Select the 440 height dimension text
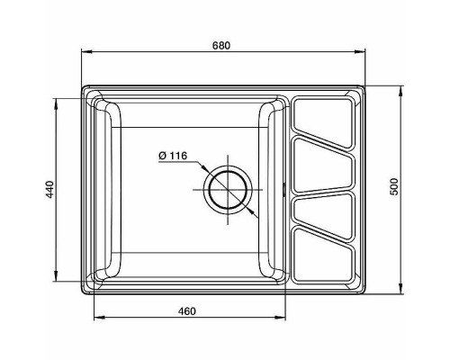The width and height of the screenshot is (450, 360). (x=51, y=188)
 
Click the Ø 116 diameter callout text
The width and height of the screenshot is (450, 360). (x=172, y=156)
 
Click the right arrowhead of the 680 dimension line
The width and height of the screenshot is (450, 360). (x=364, y=54)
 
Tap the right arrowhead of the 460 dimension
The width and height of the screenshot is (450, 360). (x=283, y=318)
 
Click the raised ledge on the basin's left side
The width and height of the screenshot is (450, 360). (x=104, y=190)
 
